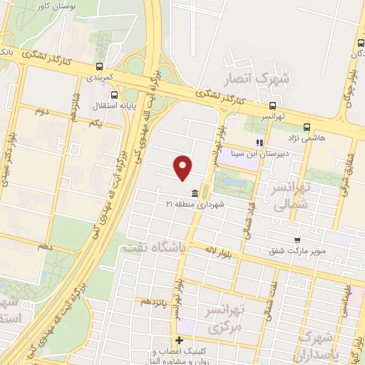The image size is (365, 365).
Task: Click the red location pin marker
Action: tap(183, 168)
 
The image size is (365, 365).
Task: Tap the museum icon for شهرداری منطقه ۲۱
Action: tap(195, 192)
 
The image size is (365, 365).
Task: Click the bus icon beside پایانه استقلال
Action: tap(115, 94)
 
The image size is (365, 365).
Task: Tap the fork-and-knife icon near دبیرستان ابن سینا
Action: tap(259, 143)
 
